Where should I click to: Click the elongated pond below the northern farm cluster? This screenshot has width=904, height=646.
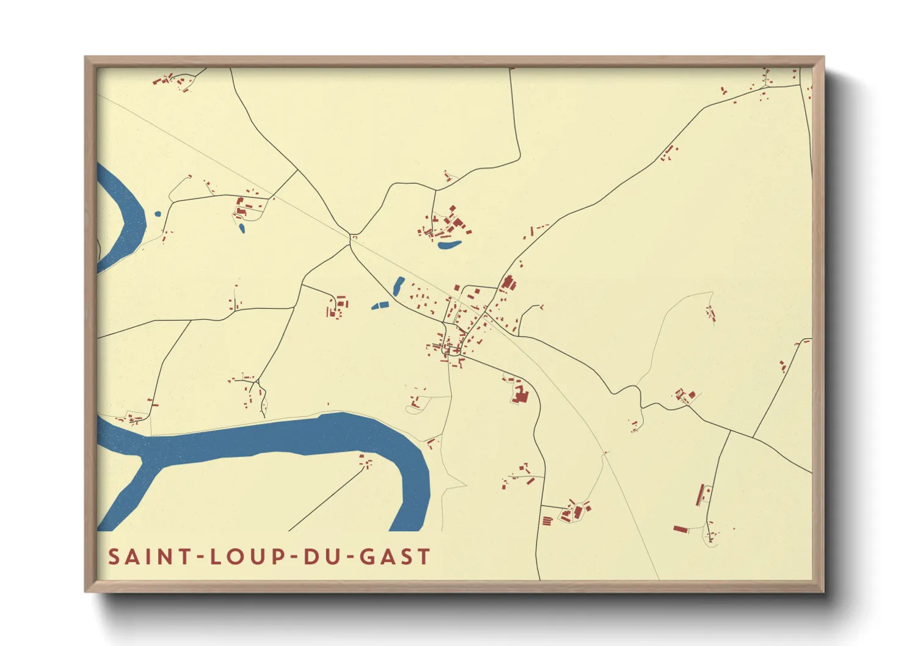click(449, 245)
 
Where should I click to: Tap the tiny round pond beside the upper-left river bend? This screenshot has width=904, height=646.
click(158, 214)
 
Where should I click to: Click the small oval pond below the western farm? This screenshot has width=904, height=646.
click(242, 228)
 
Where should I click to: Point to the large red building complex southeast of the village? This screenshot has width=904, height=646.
click(520, 394)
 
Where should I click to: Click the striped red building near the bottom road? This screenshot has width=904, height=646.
click(547, 521)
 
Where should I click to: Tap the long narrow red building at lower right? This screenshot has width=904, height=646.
click(700, 495)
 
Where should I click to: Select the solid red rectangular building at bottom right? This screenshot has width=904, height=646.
click(680, 529)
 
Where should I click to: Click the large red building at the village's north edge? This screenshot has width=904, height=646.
click(507, 283)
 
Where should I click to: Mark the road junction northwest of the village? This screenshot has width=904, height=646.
click(352, 238)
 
